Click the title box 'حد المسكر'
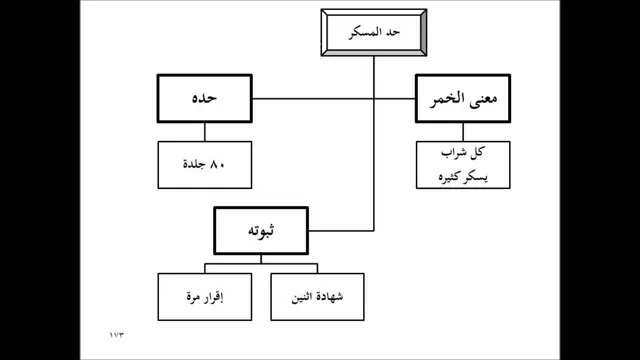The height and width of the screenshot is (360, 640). [374, 32]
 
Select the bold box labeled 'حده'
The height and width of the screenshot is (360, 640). [204, 98]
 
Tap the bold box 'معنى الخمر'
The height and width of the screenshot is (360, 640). [463, 98]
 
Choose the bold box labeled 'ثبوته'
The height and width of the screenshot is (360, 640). [261, 231]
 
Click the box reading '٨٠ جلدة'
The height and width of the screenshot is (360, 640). [204, 165]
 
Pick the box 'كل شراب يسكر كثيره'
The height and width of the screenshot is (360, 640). [463, 165]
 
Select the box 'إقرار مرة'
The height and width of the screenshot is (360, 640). [204, 297]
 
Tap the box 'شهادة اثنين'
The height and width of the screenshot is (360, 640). [317, 297]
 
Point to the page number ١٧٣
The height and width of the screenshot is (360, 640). [116, 335]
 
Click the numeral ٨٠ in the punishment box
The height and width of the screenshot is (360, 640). [217, 164]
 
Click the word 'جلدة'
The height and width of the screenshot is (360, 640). [194, 164]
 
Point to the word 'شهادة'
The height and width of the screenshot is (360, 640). [330, 297]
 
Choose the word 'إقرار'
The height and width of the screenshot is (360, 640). [213, 298]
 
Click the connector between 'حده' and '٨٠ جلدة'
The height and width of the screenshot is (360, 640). [204, 132]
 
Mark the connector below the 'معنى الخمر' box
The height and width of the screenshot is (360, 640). [463, 132]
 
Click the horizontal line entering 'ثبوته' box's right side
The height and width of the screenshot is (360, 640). [341, 231]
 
